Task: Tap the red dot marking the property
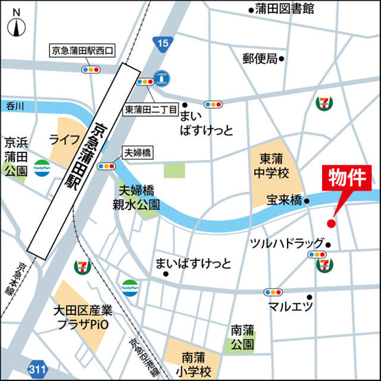(x=330, y=223)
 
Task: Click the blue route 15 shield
(x=162, y=45)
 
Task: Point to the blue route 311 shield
(x=41, y=369)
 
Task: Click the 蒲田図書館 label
(x=280, y=9)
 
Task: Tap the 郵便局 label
(x=259, y=58)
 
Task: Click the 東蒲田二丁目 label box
(x=150, y=110)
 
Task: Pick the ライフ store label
(x=64, y=139)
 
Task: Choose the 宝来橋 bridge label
(x=285, y=201)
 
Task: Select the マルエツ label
(x=290, y=305)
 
